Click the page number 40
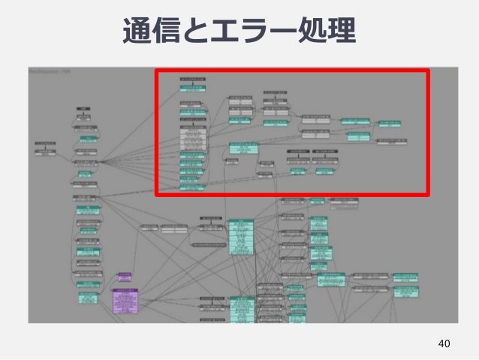coord(444,343)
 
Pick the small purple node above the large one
coord(125,277)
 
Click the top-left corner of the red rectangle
coord(156,71)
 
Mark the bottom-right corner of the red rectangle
coord(428,195)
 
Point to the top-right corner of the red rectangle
coord(428,71)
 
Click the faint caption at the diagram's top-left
coord(49,71)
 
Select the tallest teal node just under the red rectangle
coord(241,236)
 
